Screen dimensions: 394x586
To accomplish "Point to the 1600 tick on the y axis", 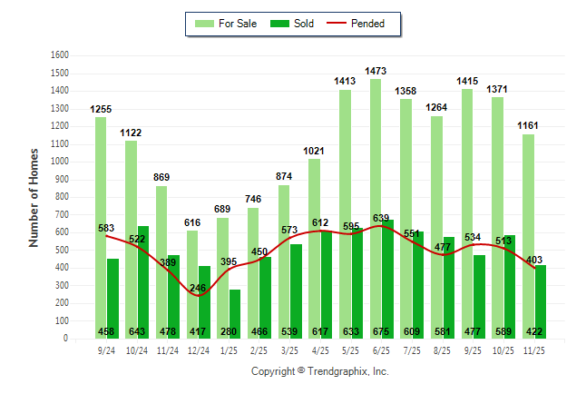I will (x=61, y=54).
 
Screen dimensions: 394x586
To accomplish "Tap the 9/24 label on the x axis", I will (x=106, y=349).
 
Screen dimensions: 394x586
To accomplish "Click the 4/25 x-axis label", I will (x=319, y=349).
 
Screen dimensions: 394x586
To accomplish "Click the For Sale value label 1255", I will (x=101, y=110).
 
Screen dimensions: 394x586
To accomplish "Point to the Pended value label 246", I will (x=198, y=289).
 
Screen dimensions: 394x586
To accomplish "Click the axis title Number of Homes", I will (x=34, y=197).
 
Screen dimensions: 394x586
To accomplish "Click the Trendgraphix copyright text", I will (x=319, y=372).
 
